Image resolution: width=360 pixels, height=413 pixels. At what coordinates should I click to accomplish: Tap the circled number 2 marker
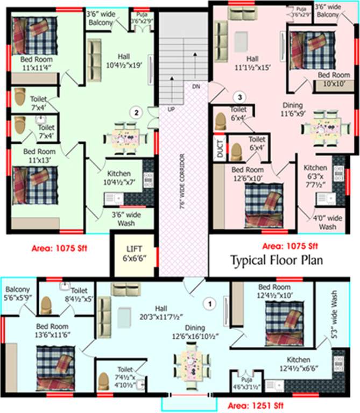[x=137, y=112]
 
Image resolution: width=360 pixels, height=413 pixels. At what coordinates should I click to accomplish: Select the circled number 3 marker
[x=241, y=97]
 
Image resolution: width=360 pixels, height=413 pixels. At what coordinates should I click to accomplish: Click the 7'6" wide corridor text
[x=182, y=177]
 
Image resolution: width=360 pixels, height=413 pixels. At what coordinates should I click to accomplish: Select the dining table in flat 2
[x=128, y=137]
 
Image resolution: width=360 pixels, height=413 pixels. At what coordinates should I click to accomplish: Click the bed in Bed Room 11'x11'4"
[x=33, y=35]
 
